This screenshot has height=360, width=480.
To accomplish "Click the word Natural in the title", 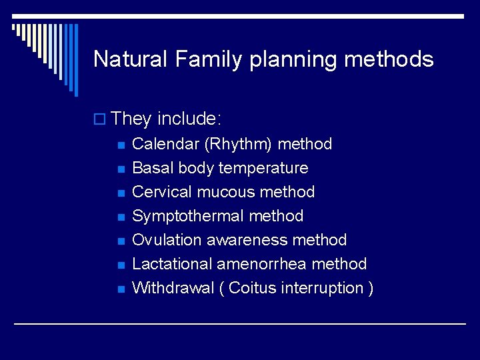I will (131, 59).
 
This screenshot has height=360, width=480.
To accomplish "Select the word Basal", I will (153, 168).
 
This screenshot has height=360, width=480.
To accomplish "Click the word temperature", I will (263, 169).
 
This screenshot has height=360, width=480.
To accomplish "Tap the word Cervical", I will (162, 192).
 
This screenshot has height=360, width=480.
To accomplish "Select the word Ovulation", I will (165, 240).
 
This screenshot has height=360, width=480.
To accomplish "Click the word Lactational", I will (172, 264).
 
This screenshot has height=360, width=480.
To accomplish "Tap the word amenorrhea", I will (262, 264).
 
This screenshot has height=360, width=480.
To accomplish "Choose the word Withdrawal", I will (169, 288).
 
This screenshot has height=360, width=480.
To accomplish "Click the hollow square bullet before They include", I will (100, 120).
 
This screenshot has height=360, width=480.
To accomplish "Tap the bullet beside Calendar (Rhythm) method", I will (120, 145).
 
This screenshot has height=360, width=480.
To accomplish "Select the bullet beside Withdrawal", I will (120, 289).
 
